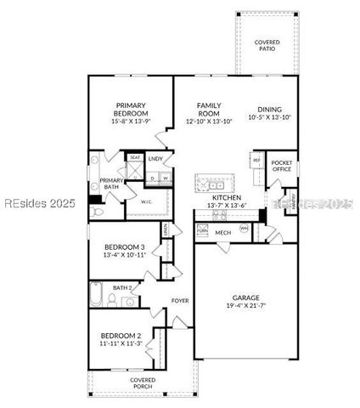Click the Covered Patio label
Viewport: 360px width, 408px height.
[267, 46]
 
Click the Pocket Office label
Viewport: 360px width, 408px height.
[281, 166]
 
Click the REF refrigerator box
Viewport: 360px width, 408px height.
[256, 160]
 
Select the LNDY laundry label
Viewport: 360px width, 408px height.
[155, 159]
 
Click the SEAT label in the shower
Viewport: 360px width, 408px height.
[134, 158]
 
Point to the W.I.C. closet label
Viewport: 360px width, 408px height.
[146, 201]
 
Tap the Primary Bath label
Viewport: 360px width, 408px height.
[111, 184]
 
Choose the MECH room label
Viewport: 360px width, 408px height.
[222, 232]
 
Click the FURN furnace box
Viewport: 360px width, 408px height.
[202, 230]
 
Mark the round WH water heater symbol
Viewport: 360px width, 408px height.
[245, 228]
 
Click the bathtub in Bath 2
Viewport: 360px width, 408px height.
[96, 295]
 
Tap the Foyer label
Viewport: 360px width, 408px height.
[179, 301]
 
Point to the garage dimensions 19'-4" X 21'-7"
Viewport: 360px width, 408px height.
[247, 307]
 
